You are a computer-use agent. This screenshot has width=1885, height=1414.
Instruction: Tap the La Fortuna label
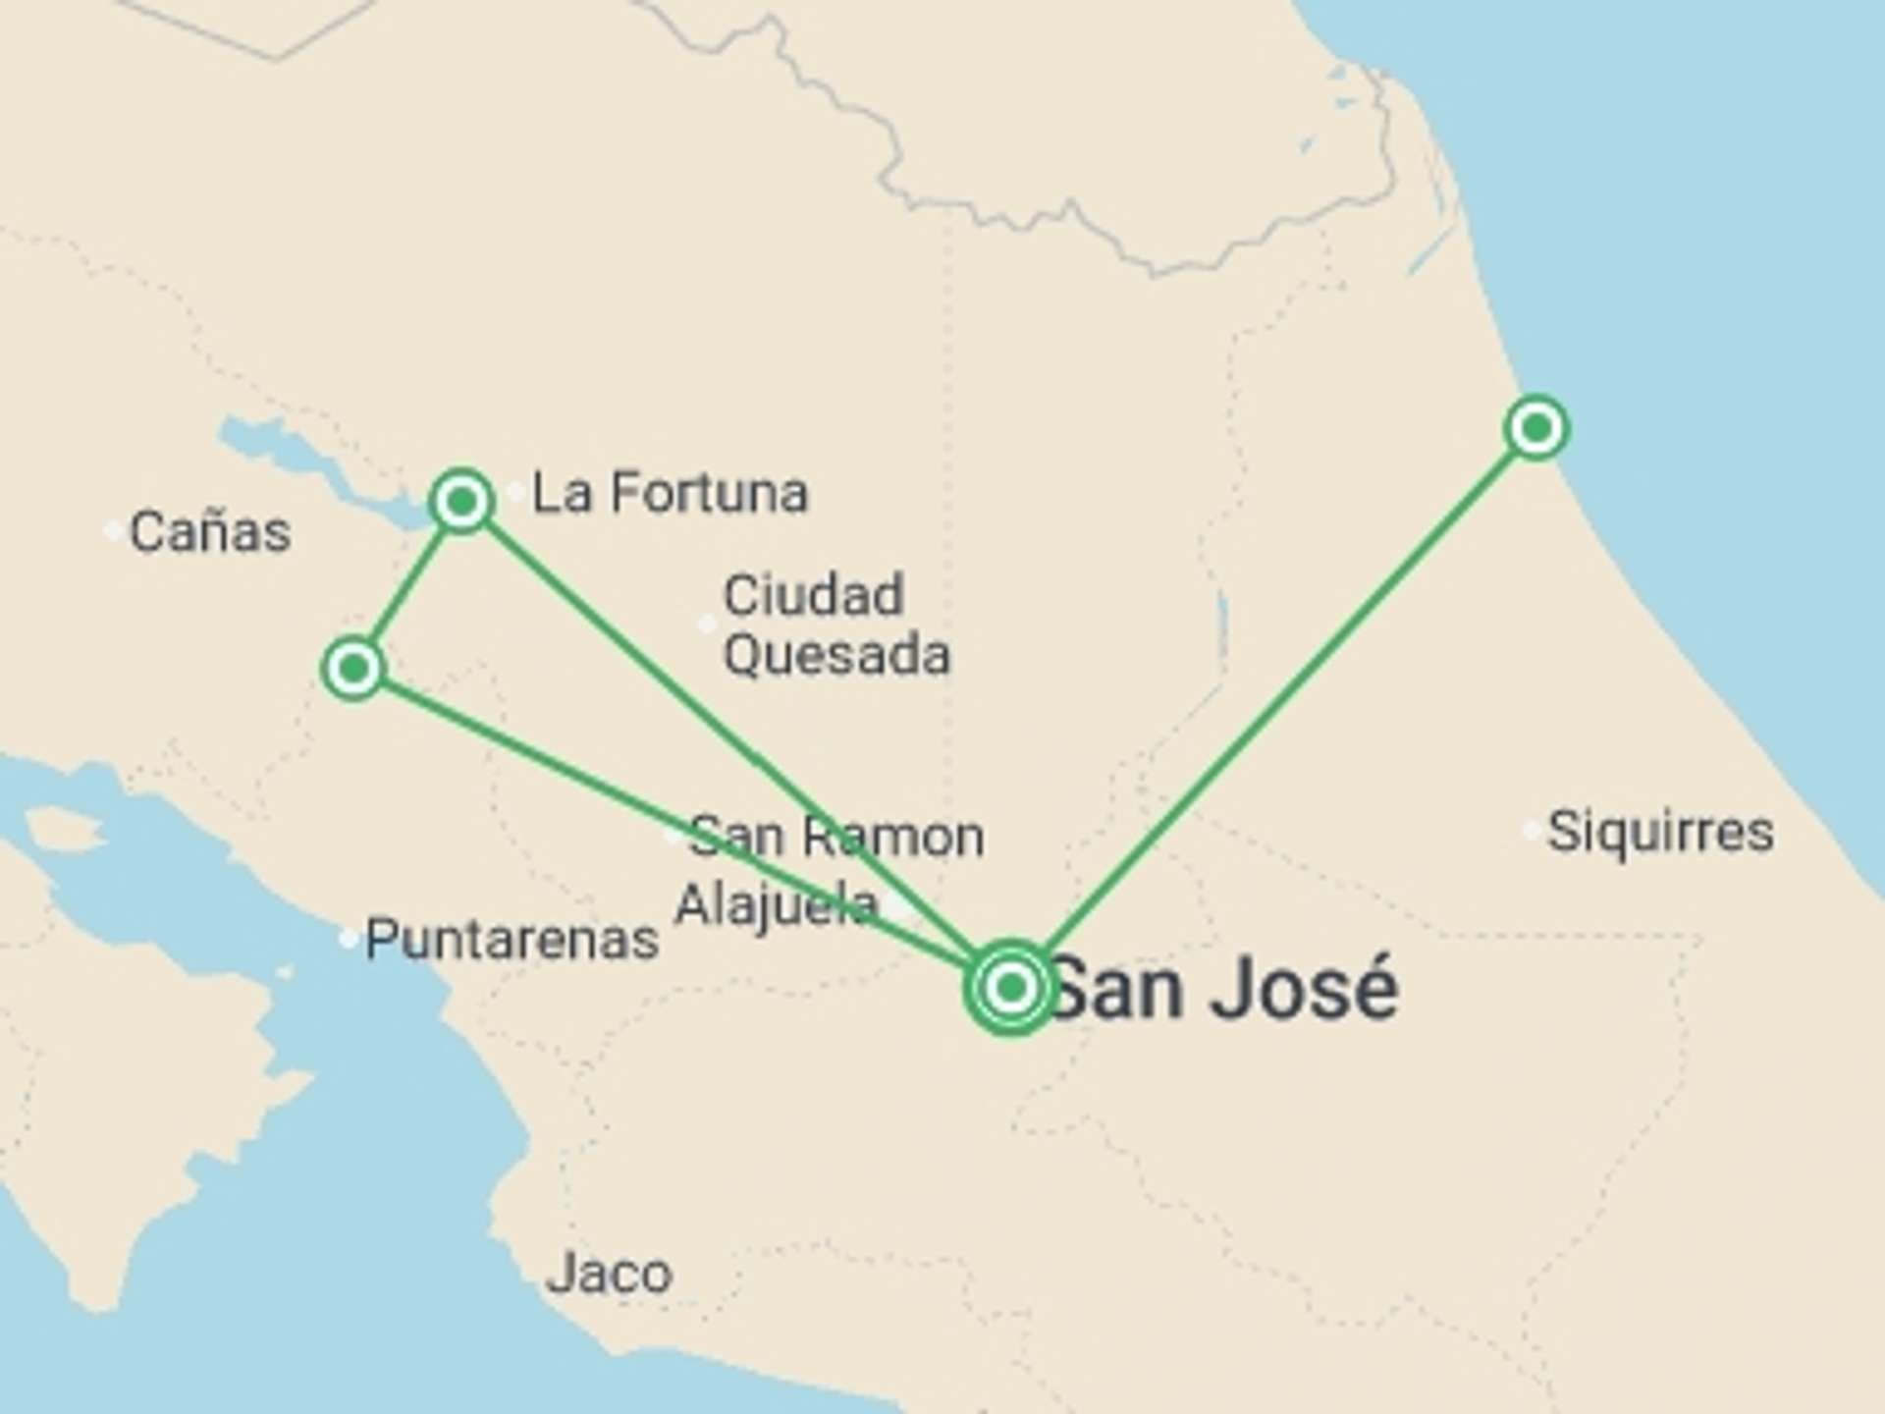tap(670, 493)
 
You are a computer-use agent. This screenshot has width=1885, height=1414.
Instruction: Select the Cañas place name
tap(209, 532)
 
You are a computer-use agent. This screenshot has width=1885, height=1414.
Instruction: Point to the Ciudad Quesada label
tap(836, 625)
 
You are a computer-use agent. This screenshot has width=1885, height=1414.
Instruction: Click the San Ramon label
tap(836, 837)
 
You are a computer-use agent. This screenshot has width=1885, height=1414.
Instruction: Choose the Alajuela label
tap(776, 904)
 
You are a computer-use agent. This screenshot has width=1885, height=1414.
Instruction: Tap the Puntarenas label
tap(512, 940)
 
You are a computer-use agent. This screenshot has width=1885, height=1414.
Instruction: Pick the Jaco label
tap(609, 1274)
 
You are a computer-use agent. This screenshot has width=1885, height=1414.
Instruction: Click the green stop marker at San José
tap(1010, 987)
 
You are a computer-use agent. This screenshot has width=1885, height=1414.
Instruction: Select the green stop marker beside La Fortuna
tap(462, 502)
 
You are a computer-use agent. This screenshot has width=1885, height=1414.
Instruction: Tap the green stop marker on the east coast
tap(1536, 428)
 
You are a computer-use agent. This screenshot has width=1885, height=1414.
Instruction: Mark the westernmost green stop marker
tap(353, 669)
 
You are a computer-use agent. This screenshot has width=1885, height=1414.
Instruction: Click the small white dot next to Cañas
tap(113, 531)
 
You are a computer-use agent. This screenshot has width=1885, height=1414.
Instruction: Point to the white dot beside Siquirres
tap(1531, 831)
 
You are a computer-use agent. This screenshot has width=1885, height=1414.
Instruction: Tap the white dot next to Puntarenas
tap(348, 939)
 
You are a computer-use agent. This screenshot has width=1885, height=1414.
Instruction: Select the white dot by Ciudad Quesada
tap(706, 625)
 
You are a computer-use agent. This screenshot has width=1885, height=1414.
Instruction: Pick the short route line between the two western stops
tap(407, 586)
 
